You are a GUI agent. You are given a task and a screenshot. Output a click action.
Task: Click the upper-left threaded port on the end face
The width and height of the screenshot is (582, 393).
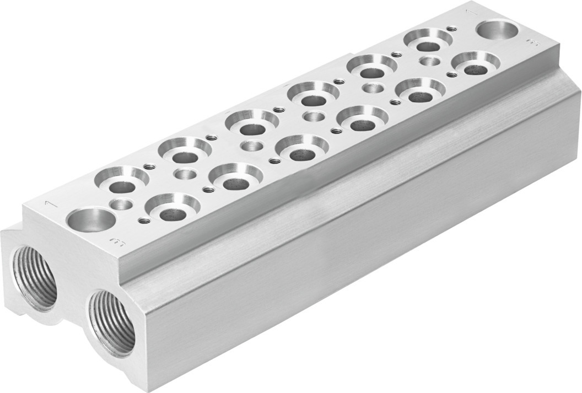[x=35, y=277]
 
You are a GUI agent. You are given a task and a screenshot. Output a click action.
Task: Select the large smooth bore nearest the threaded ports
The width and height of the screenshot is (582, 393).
[x=90, y=220]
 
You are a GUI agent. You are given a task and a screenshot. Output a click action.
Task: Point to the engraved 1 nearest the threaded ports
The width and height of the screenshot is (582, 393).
[x=50, y=204]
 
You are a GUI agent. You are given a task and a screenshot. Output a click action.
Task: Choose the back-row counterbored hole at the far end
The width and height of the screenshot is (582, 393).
[x=428, y=40]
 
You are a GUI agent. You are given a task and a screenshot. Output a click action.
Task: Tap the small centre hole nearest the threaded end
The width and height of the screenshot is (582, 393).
[x=121, y=204]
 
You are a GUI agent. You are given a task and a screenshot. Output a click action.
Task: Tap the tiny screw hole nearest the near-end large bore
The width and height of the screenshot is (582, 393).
[x=144, y=221]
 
